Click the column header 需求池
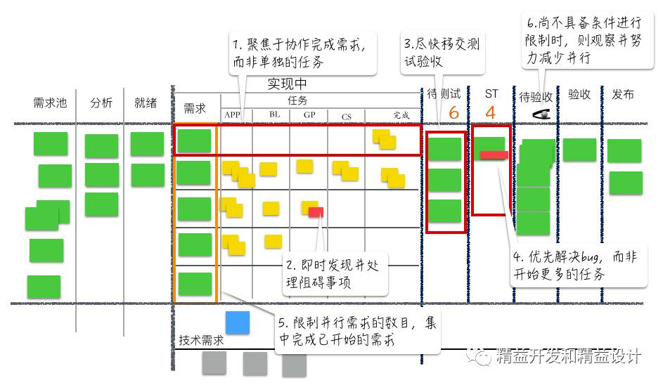coord(50,103)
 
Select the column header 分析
coord(101,103)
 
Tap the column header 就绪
coord(146,103)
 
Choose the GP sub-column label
coord(309,115)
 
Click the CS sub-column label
coord(347,116)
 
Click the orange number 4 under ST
coord(490,112)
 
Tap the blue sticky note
coord(237,322)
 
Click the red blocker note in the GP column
coord(316,211)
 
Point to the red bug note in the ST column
coord(494,155)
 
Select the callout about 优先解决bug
coord(579,266)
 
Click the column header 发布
coord(623,95)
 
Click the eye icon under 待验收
coord(541,114)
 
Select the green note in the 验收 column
coord(579,150)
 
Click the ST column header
coord(491,93)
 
